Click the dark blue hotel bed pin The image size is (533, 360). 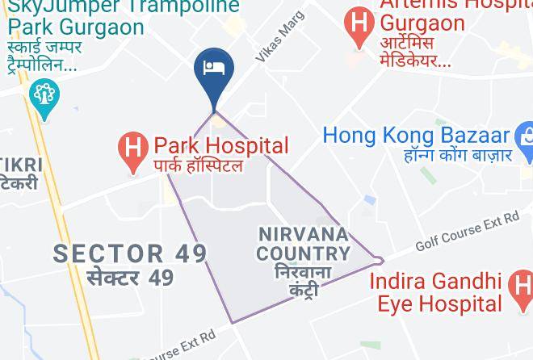214,71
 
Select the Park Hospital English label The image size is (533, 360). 220,146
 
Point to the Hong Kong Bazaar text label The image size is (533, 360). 417,134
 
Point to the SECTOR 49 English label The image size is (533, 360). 130,253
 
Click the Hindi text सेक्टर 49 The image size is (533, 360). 129,278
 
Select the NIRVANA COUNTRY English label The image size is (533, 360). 304,244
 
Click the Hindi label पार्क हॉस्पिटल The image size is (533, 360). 198,166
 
